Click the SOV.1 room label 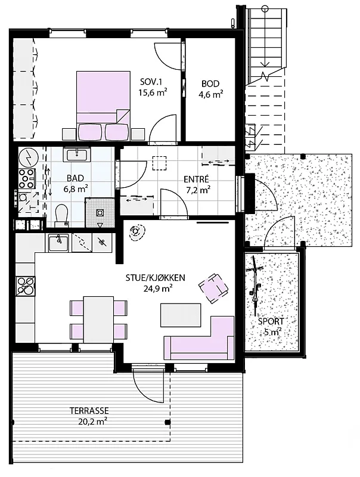(151, 82)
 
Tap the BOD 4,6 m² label (210, 89)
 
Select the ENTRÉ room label (196, 179)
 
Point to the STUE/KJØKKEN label (156, 278)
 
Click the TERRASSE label (89, 411)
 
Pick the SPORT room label (271, 321)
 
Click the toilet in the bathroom (61, 215)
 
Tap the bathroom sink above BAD (77, 154)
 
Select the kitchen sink (58, 243)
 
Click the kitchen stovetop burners (25, 286)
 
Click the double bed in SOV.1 (103, 106)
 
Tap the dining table (98, 320)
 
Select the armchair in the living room (213, 287)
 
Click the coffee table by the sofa (181, 315)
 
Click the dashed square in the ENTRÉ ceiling (159, 163)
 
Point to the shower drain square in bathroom (100, 213)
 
